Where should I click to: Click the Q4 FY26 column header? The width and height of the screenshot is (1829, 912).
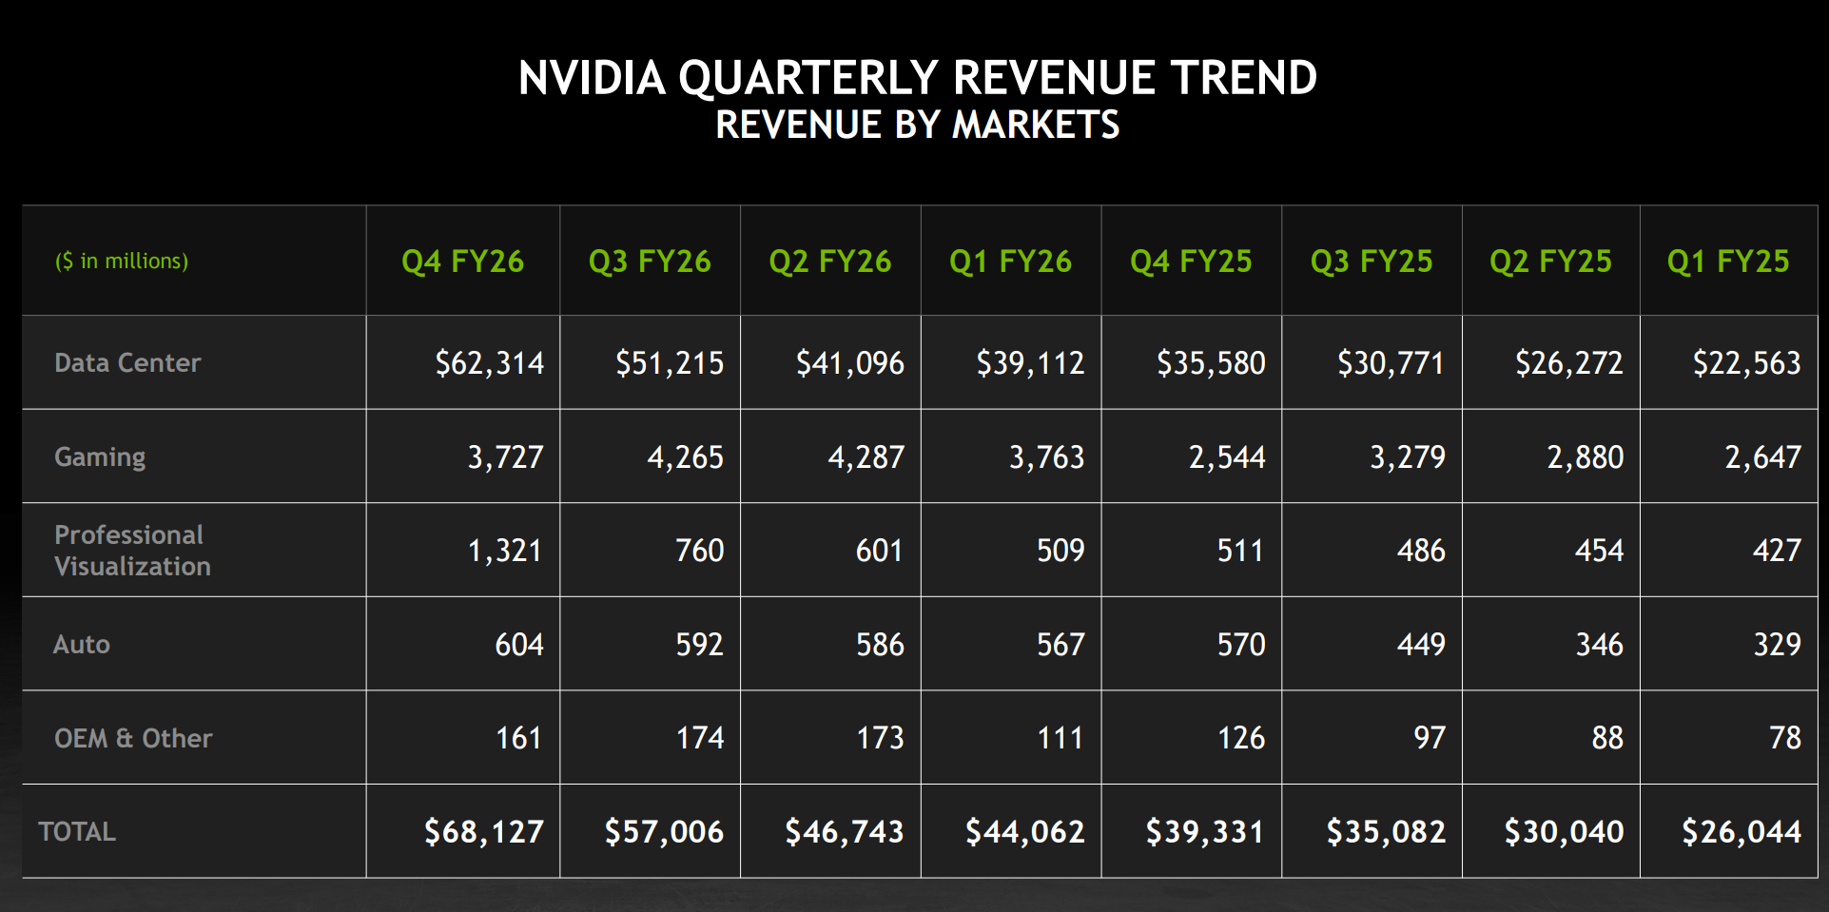(x=462, y=262)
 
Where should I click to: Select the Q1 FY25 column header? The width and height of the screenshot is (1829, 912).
(x=1727, y=262)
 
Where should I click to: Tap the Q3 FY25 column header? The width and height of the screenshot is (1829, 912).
(x=1371, y=262)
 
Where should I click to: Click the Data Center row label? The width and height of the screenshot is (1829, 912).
(x=127, y=362)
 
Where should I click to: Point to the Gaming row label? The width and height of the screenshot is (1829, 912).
(x=100, y=456)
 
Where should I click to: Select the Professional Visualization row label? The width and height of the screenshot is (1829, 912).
(x=132, y=551)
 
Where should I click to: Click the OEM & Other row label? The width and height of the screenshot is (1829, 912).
(x=133, y=738)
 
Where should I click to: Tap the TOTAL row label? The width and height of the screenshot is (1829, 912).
(x=77, y=832)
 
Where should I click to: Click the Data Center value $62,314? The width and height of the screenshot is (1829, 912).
(x=489, y=362)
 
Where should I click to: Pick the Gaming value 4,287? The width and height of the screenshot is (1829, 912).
(x=866, y=456)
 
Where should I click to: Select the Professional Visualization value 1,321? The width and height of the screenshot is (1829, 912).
(x=504, y=551)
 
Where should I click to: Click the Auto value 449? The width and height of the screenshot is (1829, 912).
(x=1421, y=644)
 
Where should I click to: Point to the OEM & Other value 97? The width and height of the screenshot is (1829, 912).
(x=1429, y=738)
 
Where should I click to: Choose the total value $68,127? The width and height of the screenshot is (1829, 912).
(x=483, y=832)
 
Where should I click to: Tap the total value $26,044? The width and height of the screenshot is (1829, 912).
(x=1741, y=832)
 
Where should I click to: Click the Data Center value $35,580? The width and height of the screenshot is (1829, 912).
(x=1211, y=362)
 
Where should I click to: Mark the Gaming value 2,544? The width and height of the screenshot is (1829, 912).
(x=1227, y=456)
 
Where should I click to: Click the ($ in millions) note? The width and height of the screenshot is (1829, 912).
(x=122, y=261)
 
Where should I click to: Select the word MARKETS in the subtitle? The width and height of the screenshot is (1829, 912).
(x=1036, y=125)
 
